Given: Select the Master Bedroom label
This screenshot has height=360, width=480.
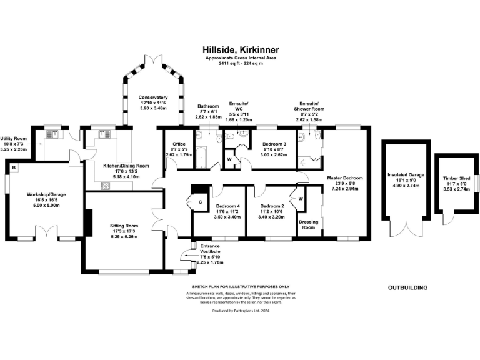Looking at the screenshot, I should (345, 178).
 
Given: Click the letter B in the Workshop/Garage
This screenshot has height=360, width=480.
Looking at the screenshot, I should (14, 167).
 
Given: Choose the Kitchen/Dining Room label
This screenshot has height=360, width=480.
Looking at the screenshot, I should (126, 166).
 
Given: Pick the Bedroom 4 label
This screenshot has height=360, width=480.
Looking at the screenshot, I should (227, 206).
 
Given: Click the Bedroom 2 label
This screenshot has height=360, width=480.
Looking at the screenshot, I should (272, 206).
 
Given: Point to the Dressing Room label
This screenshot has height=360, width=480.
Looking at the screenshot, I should (307, 224).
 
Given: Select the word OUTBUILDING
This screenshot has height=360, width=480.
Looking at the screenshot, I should (407, 287).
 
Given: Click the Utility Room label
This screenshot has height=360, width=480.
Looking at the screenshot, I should (12, 139).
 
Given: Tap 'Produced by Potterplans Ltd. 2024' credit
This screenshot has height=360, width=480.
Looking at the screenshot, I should (240, 310).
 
